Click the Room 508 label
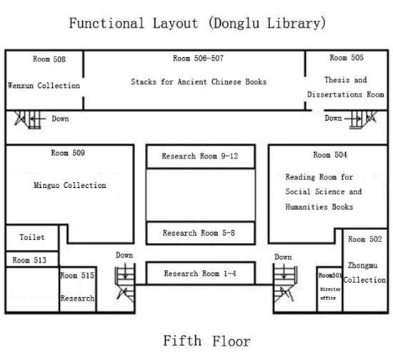tap(49, 59)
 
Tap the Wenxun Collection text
tap(44, 86)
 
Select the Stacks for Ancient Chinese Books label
tap(199, 81)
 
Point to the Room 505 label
tap(347, 58)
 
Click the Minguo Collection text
tap(70, 185)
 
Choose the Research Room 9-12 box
tap(201, 156)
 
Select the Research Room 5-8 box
tap(201, 233)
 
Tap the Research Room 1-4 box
tap(201, 273)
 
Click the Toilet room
tap(32, 237)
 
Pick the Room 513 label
tap(29, 260)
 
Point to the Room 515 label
tap(77, 275)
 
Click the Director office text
tap(330, 294)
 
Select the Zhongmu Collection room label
tap(364, 272)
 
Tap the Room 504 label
tap(330, 155)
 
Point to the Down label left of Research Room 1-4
tap(124, 255)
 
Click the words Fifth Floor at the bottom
tap(207, 341)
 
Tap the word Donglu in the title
tap(237, 24)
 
